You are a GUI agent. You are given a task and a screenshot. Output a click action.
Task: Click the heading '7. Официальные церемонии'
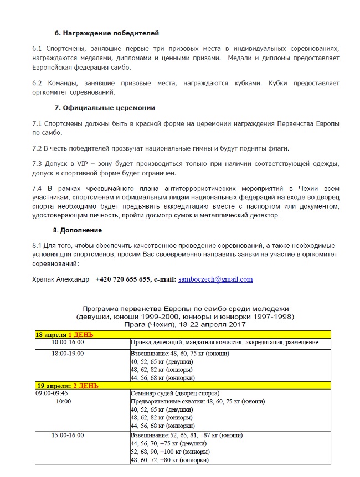[104, 107]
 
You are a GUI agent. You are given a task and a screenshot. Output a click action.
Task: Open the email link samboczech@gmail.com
[215, 279]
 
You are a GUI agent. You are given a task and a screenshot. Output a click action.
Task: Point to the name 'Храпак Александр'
[60, 279]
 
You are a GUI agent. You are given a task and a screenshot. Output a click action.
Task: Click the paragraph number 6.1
[37, 49]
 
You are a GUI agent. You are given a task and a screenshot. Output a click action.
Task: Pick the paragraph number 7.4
[37, 189]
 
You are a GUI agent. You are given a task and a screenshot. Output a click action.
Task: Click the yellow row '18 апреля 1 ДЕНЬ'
[65, 334]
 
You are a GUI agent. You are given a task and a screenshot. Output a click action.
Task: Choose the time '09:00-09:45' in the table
[52, 393]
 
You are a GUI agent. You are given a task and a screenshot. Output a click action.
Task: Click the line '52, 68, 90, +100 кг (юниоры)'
[161, 452]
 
